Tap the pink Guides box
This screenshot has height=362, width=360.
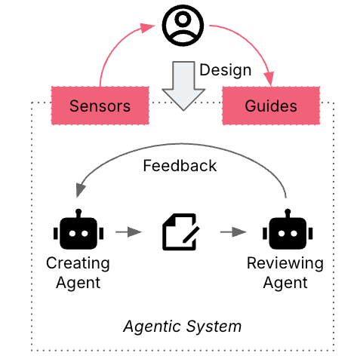270,106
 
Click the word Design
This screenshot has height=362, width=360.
225,71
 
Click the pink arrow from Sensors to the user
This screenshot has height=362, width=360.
113,49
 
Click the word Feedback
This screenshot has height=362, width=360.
180,166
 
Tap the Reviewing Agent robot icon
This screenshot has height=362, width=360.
286,232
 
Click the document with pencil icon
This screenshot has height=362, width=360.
180,232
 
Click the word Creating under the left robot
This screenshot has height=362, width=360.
78,264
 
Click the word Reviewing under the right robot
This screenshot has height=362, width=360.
285,264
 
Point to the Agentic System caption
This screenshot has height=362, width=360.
182,327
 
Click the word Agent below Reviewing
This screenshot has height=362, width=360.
285,283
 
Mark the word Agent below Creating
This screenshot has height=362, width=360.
78,283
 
